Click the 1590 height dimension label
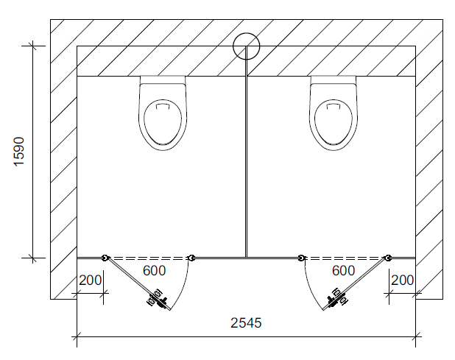19,151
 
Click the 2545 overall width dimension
246,322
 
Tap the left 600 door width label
154,270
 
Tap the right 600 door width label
344,270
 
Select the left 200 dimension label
90,280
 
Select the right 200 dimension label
403,280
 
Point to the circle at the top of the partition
246,46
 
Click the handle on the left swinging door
158,298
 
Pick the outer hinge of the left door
105,258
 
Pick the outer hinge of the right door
388,258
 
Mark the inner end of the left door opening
191,258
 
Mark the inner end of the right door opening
302,258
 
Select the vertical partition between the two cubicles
246,162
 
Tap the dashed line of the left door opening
147,258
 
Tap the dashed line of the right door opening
345,258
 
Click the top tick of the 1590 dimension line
32,46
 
